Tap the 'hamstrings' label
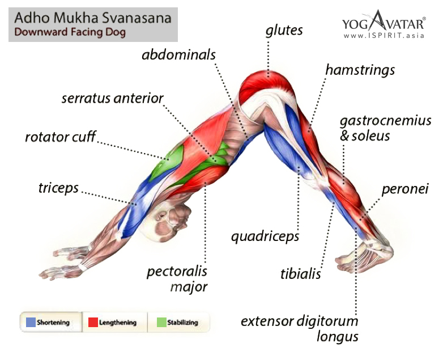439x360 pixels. (360, 71)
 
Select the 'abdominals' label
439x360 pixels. (179, 55)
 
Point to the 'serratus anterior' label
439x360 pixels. (112, 99)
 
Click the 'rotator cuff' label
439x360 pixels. (61, 137)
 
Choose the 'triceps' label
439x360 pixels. (58, 188)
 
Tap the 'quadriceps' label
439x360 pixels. (265, 236)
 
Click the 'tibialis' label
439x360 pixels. (301, 274)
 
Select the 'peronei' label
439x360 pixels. (404, 188)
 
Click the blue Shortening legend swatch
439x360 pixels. (31, 323)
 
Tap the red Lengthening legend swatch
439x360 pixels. (93, 323)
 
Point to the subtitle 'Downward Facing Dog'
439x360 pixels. (70, 32)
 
